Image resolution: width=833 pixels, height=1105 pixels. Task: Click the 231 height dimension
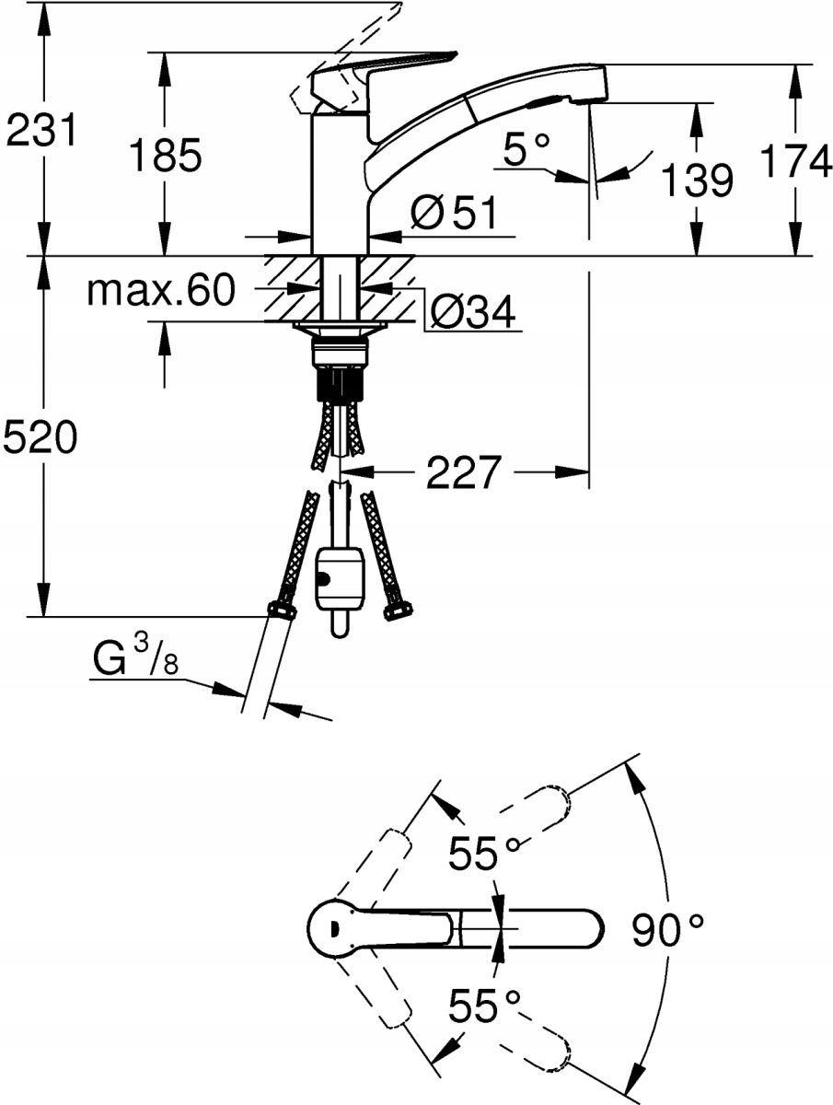40,131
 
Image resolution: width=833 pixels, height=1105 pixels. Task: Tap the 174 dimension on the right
794,162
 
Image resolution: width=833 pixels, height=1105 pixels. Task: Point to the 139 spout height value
697,180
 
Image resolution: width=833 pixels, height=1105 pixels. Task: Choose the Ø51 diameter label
453,215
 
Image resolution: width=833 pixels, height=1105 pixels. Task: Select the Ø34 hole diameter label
472,312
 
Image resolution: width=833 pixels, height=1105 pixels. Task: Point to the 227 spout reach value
464,473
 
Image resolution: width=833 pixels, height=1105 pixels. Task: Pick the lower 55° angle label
484,1006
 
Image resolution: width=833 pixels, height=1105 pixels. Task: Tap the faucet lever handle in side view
387,74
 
